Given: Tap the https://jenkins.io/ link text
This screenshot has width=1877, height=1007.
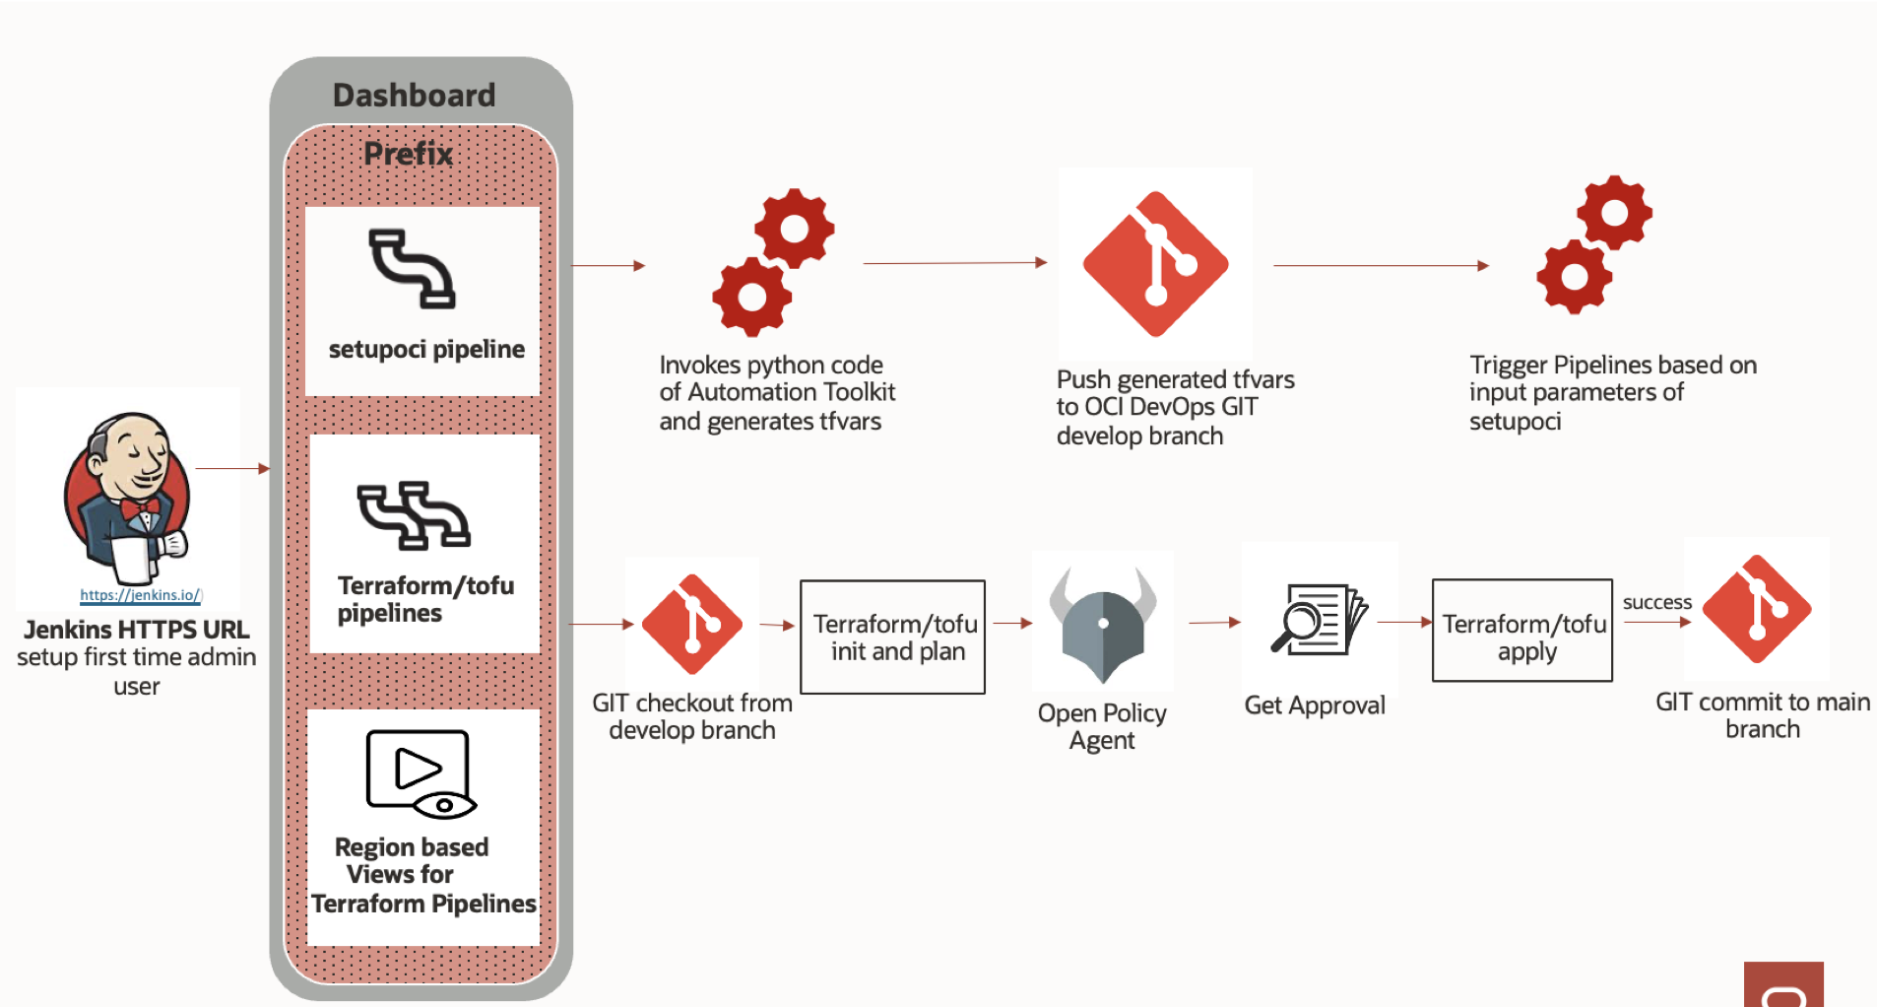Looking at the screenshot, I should (141, 595).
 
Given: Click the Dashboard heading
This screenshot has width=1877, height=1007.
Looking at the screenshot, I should (414, 95).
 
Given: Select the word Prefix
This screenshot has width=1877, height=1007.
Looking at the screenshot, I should (408, 154).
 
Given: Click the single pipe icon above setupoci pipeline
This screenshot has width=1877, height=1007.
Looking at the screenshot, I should (412, 268).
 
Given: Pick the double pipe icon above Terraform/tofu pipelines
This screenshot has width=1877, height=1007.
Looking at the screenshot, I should (414, 514).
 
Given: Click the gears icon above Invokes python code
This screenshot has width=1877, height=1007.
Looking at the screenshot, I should (773, 262).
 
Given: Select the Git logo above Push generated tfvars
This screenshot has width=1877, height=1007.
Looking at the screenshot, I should (1155, 263).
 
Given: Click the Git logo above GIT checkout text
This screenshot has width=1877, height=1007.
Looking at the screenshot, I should (692, 624).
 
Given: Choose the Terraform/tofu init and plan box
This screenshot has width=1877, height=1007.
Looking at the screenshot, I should (892, 638).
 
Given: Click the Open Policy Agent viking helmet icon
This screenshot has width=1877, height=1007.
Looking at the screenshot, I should (1103, 623).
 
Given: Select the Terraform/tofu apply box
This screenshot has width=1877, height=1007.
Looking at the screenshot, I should (1522, 631).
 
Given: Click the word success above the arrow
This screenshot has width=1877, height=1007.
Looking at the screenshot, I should (1656, 602).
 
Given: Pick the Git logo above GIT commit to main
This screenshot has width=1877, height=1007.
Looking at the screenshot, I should (1757, 609).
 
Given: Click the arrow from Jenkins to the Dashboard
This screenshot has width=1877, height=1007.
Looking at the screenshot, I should (232, 469).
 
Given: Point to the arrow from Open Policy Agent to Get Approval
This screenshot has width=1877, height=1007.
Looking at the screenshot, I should (1214, 623).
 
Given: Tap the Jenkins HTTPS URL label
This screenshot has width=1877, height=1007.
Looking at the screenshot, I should (137, 630).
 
